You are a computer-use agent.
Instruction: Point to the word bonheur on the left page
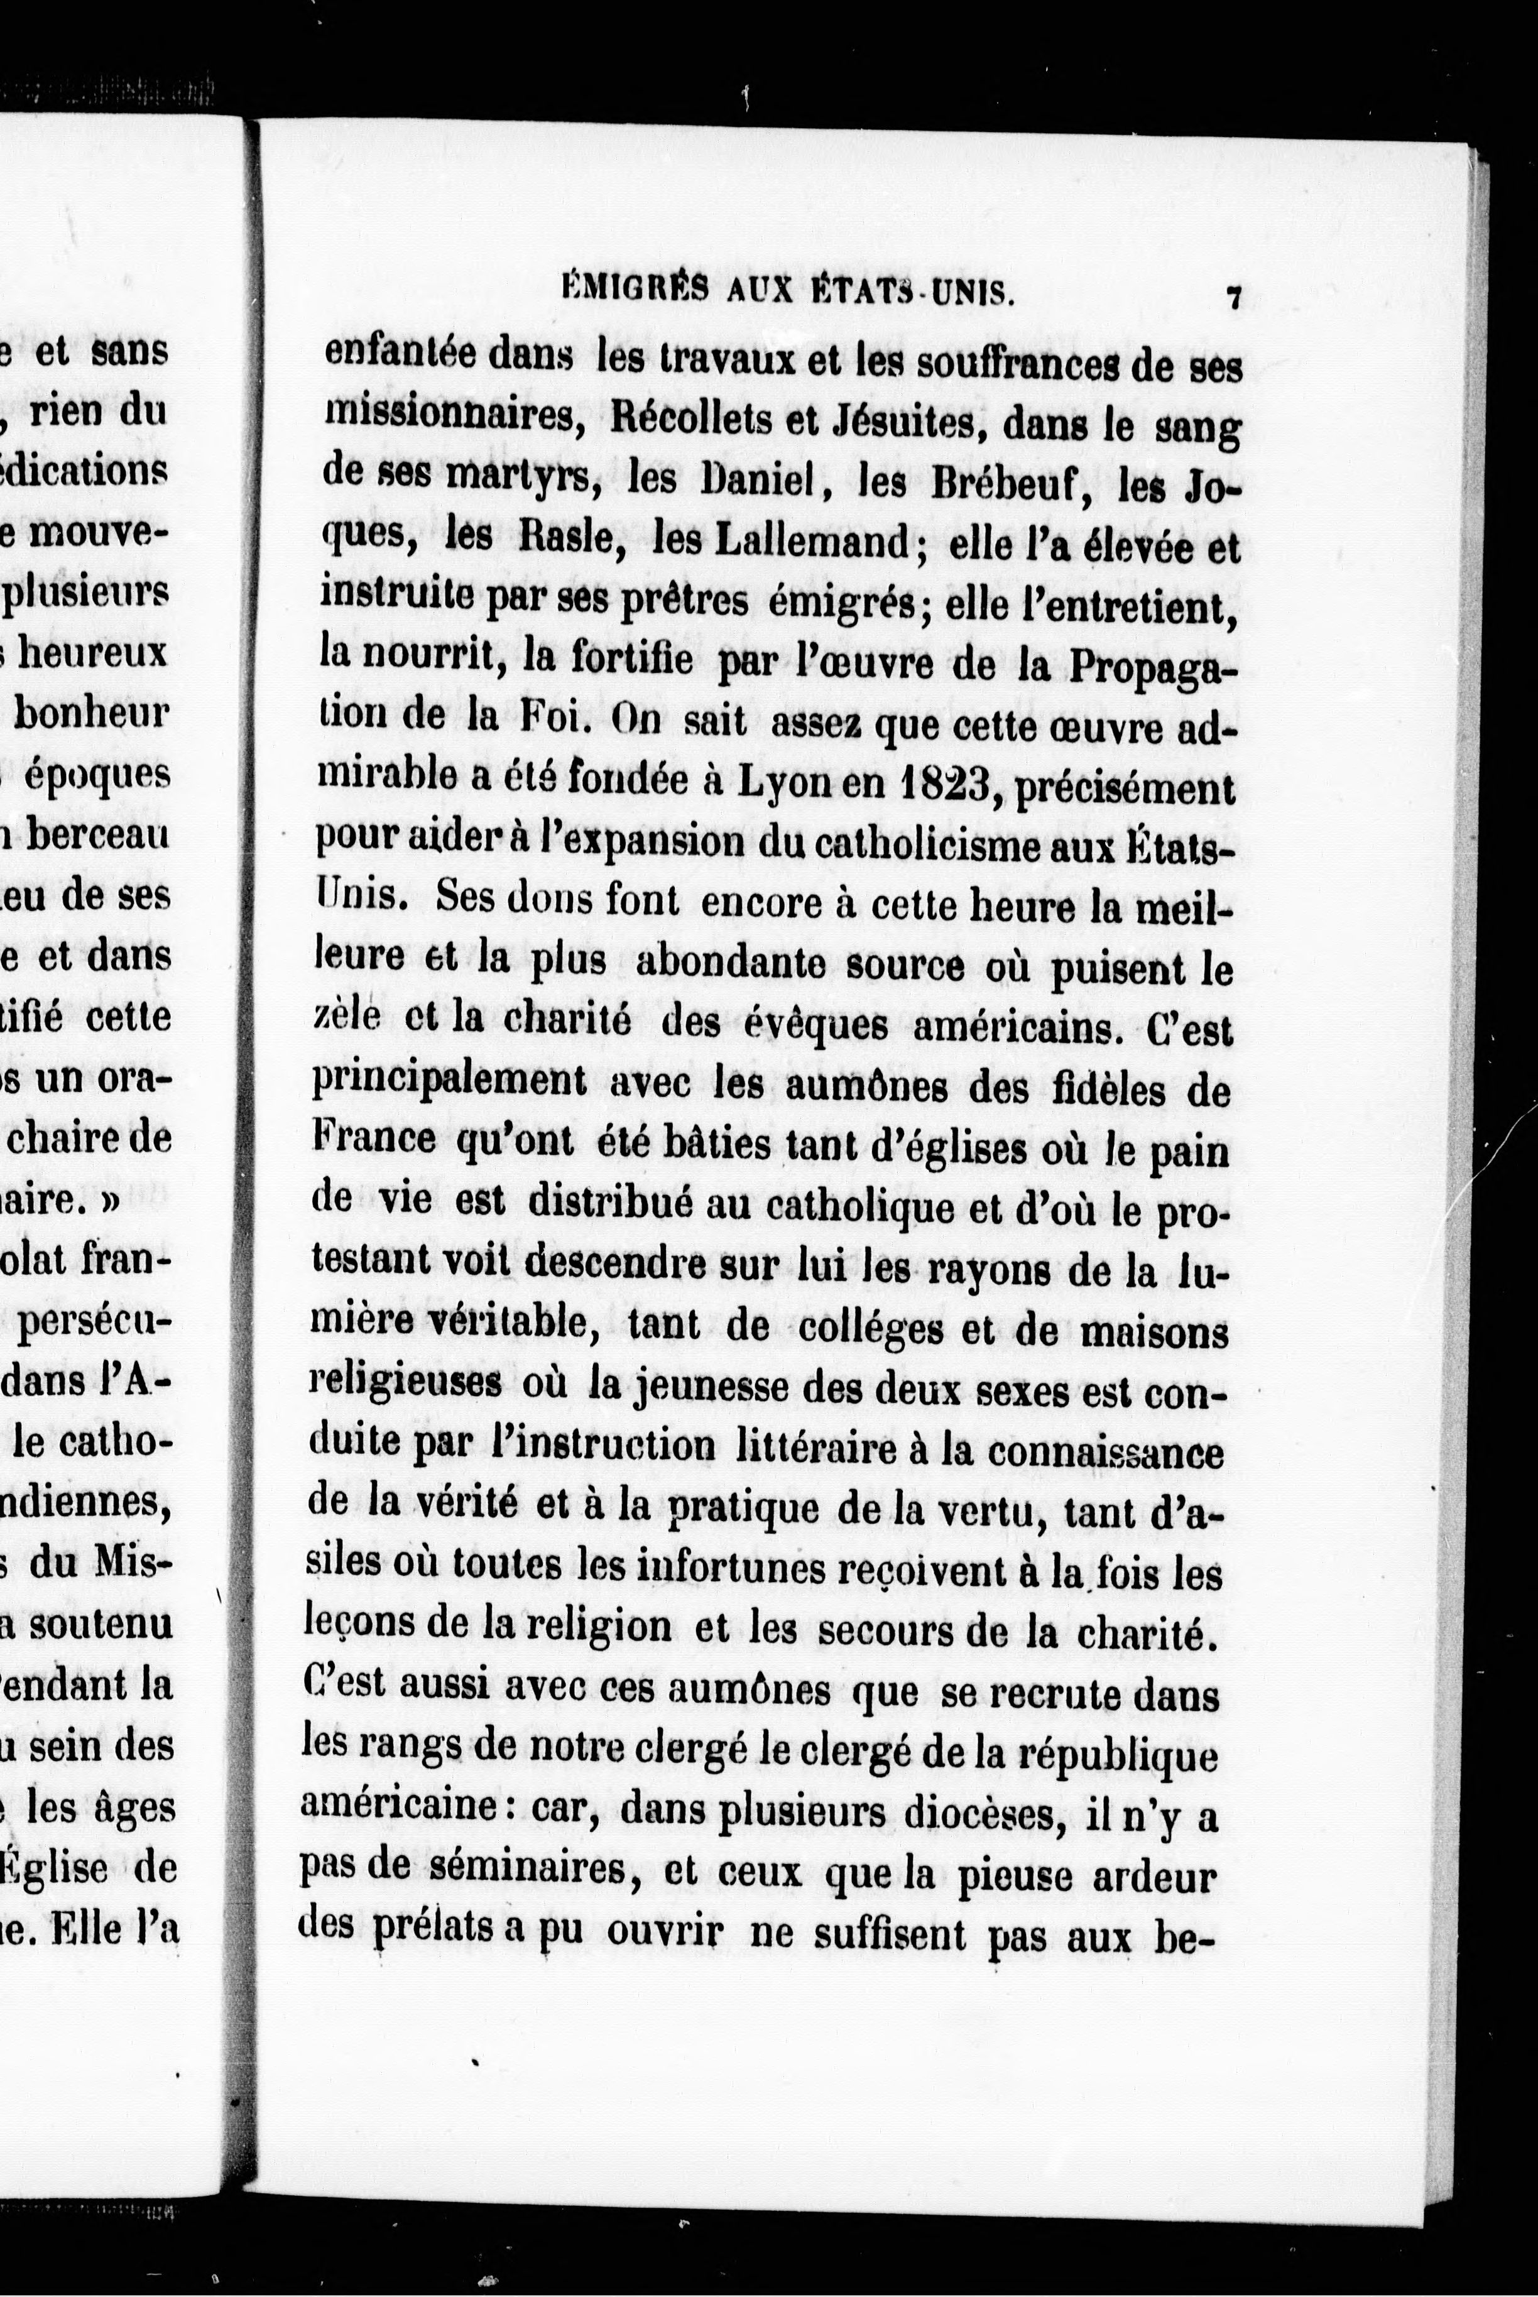[x=93, y=713]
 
